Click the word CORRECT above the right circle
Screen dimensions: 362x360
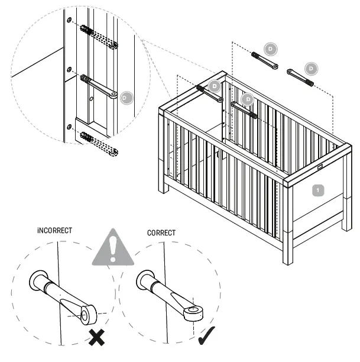(161, 232)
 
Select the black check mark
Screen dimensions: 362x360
(206, 335)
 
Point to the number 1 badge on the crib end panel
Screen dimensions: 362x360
(317, 190)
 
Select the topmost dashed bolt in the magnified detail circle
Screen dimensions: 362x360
(99, 36)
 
